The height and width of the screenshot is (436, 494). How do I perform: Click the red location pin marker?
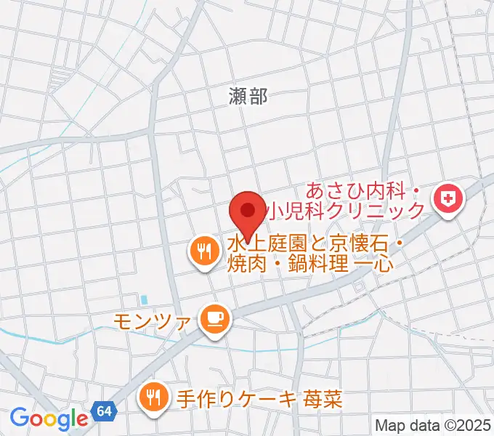point(247,211)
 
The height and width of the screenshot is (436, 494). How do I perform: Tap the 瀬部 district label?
point(247,96)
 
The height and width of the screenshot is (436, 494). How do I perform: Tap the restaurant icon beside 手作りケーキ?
point(154,397)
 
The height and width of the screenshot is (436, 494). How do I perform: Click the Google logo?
point(49,419)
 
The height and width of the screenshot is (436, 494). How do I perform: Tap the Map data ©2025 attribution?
point(433,425)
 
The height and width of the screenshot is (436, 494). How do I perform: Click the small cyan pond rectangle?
point(144,299)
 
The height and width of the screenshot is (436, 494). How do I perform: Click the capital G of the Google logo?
point(18,418)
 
